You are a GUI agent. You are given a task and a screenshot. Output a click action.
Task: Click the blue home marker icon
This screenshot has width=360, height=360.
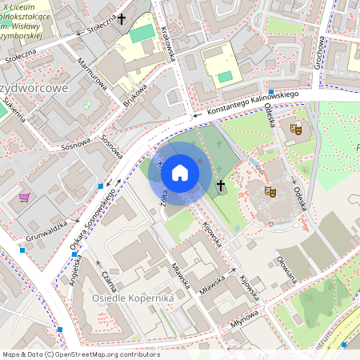(180, 172)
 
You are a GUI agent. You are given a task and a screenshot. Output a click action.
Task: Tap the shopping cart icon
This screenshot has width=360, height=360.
(25, 197)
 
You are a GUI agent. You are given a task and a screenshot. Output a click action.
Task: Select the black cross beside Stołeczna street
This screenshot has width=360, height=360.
(122, 18)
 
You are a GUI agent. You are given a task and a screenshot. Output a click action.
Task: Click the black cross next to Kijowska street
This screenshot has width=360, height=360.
(221, 186)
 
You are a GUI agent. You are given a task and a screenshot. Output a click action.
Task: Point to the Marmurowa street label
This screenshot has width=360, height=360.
(92, 71)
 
